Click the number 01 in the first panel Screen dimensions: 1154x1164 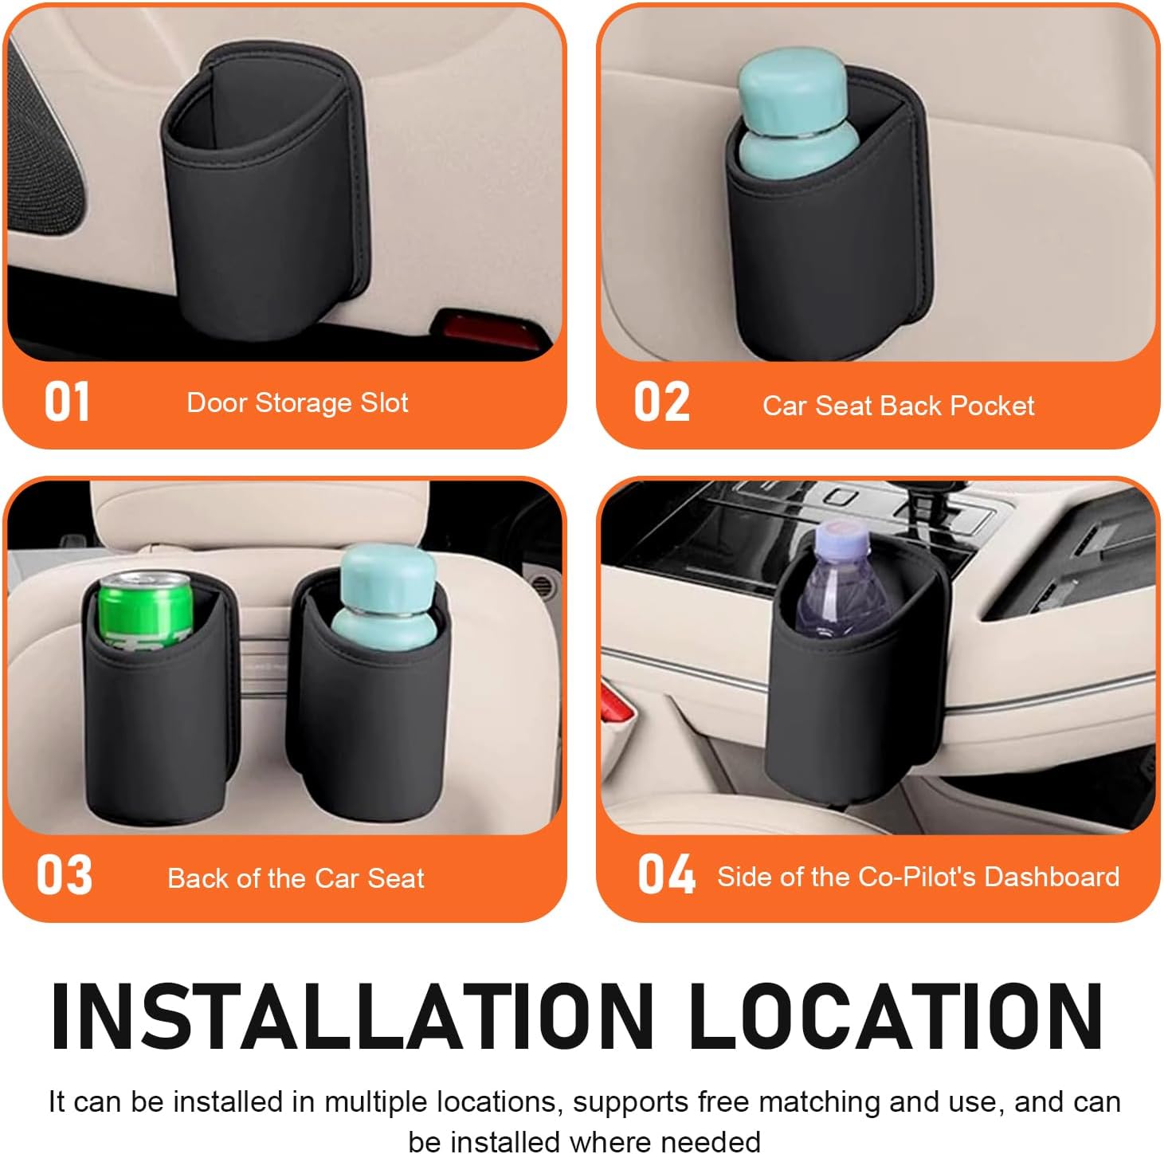(67, 402)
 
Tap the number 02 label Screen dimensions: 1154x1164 (661, 402)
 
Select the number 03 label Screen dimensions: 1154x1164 (64, 875)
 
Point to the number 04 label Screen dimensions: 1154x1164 (666, 874)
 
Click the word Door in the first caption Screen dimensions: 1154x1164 (216, 402)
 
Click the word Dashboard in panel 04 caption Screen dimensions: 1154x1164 (1052, 877)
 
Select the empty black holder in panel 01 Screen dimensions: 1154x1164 (263, 207)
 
